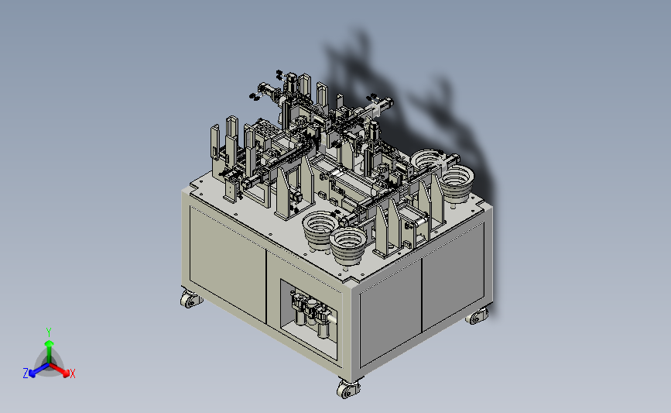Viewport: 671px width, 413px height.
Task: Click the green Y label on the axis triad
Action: click(49, 332)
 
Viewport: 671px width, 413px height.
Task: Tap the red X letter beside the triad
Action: click(72, 373)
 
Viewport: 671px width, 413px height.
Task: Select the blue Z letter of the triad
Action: click(26, 373)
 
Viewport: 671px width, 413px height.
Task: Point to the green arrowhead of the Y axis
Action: click(50, 344)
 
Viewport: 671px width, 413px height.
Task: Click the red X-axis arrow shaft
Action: click(58, 369)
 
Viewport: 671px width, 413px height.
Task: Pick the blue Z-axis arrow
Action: click(39, 370)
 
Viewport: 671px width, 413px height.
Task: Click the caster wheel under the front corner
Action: click(347, 389)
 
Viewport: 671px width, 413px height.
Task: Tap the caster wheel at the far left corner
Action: click(190, 299)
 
